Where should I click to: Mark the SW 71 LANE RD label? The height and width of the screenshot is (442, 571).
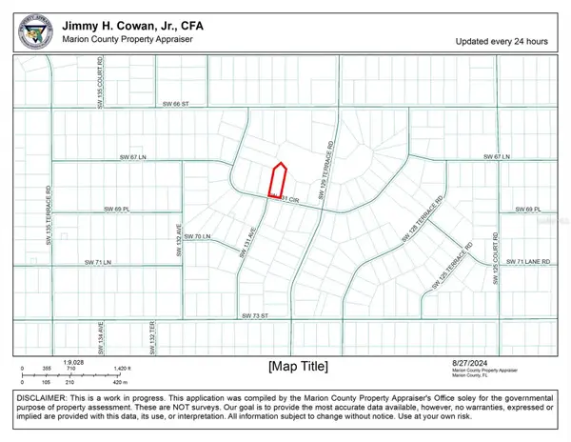[x=529, y=260]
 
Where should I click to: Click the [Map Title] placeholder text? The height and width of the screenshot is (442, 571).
[x=297, y=365]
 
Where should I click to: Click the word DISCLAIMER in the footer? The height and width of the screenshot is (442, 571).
[x=37, y=396]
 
